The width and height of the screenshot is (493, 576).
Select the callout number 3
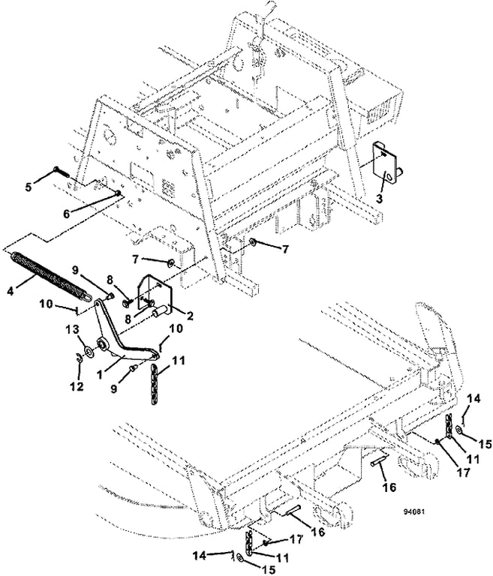pos(379,199)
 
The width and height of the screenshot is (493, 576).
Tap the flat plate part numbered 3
pos(386,163)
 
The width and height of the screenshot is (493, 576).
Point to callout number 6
pos(67,214)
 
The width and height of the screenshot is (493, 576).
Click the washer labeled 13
pos(89,351)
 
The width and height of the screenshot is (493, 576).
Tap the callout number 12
pos(77,386)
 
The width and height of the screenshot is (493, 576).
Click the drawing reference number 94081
pos(413,511)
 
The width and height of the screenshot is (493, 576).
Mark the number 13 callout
pos(73,329)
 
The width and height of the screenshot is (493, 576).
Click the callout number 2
pos(190,316)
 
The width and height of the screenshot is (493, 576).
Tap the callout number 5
pos(29,187)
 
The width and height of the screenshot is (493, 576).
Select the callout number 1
pos(99,375)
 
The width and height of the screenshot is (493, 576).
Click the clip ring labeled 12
pos(78,356)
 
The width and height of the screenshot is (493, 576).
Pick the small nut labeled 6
pos(118,193)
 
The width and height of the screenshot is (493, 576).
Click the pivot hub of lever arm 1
pos(101,345)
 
